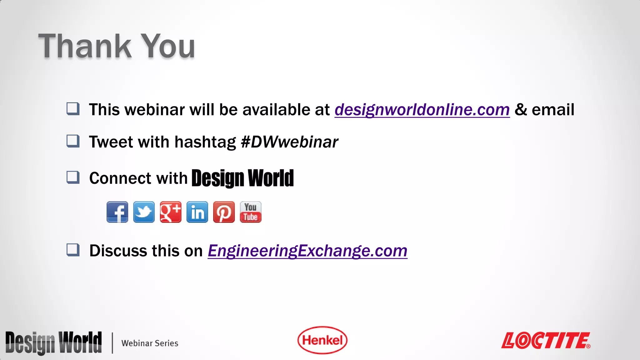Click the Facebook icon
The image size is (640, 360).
(x=117, y=212)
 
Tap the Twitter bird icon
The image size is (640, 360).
(x=144, y=212)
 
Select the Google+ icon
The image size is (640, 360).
(x=170, y=212)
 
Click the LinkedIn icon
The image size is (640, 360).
(x=197, y=212)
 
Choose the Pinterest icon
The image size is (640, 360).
(x=224, y=212)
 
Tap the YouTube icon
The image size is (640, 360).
(x=251, y=212)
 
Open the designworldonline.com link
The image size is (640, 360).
(x=422, y=110)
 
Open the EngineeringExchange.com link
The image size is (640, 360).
(x=307, y=251)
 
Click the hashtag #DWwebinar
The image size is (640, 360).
(x=289, y=142)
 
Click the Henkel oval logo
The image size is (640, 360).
(x=322, y=340)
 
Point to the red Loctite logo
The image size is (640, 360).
(x=546, y=340)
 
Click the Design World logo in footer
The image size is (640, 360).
(x=53, y=343)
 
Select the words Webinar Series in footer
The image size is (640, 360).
(x=150, y=343)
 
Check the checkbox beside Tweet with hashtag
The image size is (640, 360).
(x=73, y=141)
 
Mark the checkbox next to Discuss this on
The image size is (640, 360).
(x=73, y=250)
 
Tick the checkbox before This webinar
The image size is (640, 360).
(x=73, y=109)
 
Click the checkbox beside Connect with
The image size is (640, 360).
(x=73, y=177)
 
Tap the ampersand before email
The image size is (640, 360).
(x=521, y=110)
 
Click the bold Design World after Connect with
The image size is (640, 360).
(x=242, y=178)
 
